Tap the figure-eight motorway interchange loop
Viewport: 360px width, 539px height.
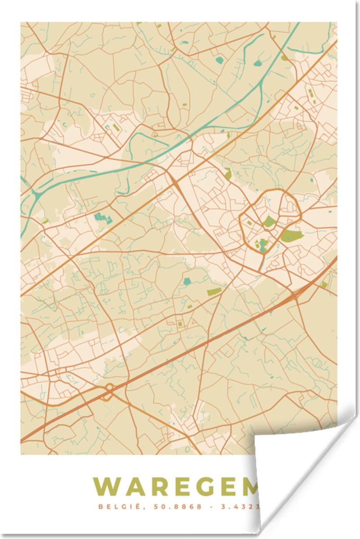click(x=108, y=392)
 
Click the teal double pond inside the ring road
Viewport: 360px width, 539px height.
click(x=262, y=245)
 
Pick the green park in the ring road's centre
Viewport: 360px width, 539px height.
click(x=269, y=221)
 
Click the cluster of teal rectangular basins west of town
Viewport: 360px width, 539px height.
click(x=103, y=218)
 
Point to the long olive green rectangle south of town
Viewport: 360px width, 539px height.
click(x=214, y=292)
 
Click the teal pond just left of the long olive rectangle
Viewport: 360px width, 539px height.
click(x=187, y=281)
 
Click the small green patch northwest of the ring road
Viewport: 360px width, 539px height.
click(x=228, y=173)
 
